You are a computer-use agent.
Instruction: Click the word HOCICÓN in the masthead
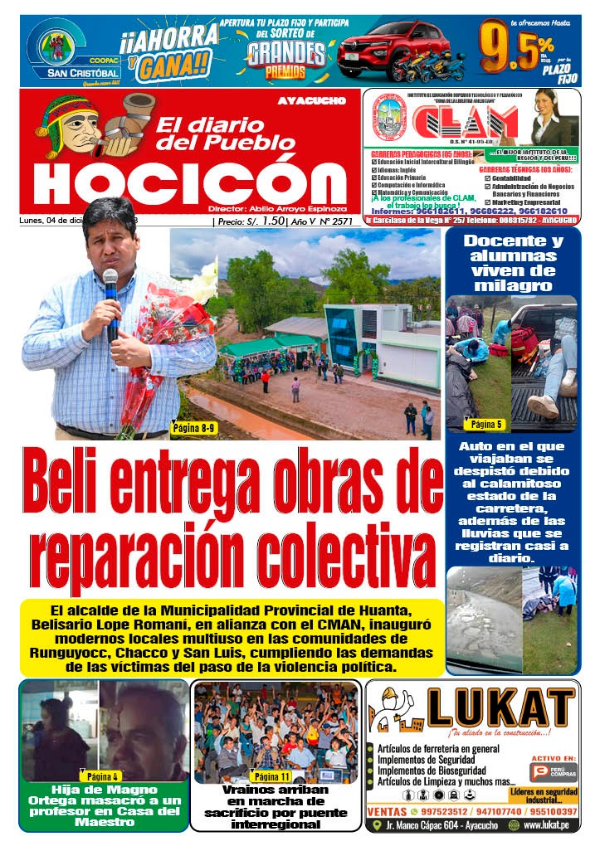coord(189,183)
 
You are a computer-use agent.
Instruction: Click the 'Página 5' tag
coord(487,425)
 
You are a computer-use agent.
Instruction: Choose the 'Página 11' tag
coord(273,776)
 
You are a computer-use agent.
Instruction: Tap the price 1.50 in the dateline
coord(273,221)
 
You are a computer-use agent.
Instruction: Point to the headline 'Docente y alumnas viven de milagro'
coord(512,263)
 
